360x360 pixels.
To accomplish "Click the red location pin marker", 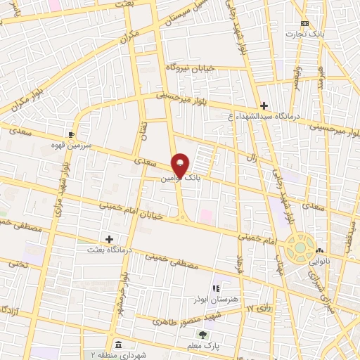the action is (181, 165).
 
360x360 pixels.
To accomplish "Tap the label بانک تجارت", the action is (304, 33).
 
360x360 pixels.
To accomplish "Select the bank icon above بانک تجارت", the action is (304, 22).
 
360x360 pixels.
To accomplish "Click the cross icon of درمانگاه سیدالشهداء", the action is (264, 105).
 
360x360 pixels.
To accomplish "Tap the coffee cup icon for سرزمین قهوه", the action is (71, 134).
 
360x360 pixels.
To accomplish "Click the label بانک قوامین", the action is (180, 179).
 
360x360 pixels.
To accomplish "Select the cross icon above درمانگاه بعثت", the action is (109, 239).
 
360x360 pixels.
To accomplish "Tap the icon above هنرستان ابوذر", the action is (217, 288).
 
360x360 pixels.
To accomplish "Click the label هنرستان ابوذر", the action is (217, 298).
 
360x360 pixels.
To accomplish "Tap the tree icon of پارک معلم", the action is (202, 335).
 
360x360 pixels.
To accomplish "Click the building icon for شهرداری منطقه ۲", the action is (117, 345).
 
